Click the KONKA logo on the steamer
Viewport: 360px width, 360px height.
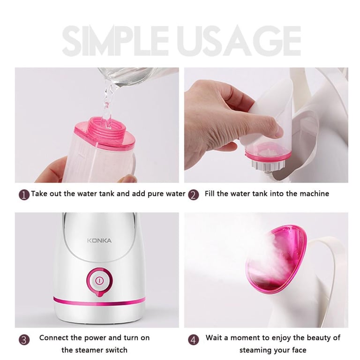tap(99, 240)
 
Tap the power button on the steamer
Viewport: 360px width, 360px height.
tap(99, 281)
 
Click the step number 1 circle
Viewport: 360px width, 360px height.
tap(24, 195)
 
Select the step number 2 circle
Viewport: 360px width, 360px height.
tap(193, 195)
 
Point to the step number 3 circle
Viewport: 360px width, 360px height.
tap(24, 339)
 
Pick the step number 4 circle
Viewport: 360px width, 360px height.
tap(193, 339)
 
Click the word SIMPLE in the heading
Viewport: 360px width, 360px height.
tap(115, 41)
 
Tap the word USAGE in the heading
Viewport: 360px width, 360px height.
tap(240, 41)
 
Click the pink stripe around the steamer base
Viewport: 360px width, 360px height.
tap(99, 301)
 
